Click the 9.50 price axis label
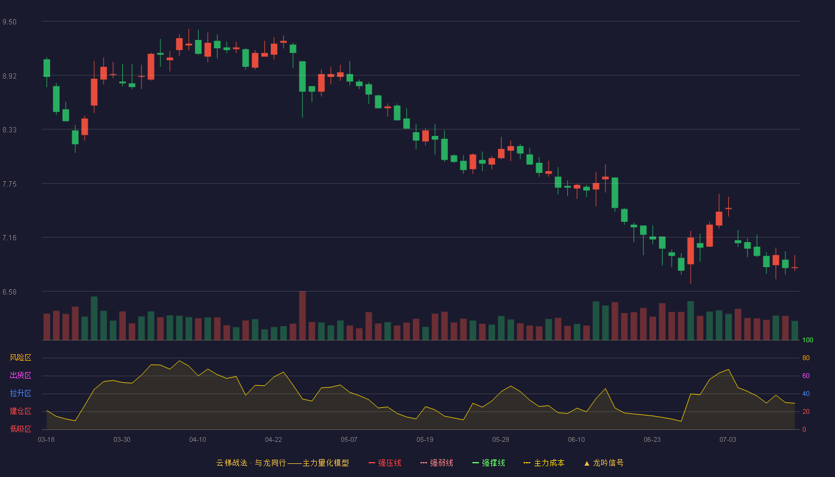10,22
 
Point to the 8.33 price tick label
10,130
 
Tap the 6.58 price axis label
10,292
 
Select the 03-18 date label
47,440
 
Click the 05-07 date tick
349,440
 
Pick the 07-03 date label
728,440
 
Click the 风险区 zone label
20,358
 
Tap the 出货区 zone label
20,375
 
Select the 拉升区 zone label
20,393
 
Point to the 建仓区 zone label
20,411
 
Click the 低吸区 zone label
20,429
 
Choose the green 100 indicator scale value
808,340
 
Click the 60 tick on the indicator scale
806,376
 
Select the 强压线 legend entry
385,463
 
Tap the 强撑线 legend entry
488,463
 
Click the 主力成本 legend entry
544,463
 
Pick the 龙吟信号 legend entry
604,463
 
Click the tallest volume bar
302,315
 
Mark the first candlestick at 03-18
47,72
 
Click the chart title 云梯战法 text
231,463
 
